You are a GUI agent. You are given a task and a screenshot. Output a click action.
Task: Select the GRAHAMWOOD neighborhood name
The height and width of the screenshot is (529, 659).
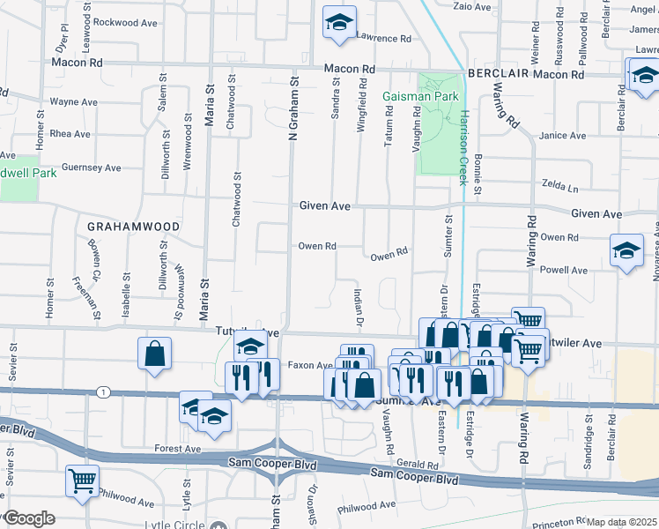[133, 227]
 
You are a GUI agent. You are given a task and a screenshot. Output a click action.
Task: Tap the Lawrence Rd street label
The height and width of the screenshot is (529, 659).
[384, 39]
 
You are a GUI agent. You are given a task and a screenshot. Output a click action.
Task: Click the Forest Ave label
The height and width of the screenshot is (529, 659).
[179, 449]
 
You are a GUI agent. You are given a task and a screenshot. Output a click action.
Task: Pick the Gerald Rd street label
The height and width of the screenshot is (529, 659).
[418, 463]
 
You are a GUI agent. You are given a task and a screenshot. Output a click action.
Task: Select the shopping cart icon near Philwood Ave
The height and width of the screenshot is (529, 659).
[82, 481]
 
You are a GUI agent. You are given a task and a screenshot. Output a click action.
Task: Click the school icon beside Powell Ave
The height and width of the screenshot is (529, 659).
[626, 251]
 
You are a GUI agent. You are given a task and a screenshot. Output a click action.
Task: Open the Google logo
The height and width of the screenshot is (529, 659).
[29, 518]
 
